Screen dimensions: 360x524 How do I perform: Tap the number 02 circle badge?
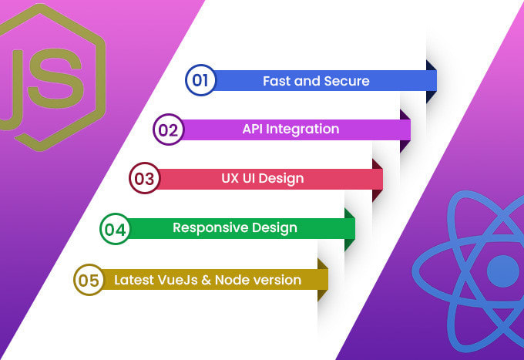[167, 130]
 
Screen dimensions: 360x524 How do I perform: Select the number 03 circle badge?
[143, 179]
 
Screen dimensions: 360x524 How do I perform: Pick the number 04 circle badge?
[115, 229]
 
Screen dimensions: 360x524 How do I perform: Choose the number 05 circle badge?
[88, 280]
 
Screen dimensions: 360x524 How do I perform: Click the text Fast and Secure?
[316, 80]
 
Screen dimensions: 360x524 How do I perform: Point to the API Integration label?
[291, 129]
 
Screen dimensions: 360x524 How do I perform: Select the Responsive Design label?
[234, 227]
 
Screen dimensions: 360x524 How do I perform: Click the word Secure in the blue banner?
[347, 80]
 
